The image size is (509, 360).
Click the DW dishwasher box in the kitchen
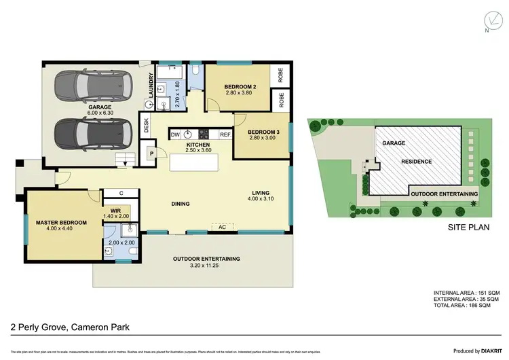[174, 134]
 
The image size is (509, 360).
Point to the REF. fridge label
[226, 134]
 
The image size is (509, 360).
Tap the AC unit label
[222, 227]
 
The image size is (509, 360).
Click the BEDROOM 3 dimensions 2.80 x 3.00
[261, 138]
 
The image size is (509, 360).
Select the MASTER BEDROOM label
[61, 222]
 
